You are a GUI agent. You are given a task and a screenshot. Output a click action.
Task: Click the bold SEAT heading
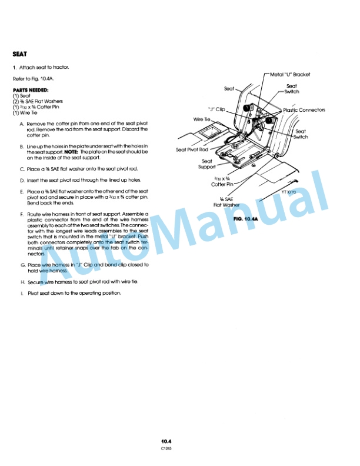19,53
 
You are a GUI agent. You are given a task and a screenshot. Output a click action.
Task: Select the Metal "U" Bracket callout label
289,75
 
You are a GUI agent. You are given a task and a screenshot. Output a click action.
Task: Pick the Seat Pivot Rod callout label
192,149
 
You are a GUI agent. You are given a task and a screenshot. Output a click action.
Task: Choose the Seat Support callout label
207,164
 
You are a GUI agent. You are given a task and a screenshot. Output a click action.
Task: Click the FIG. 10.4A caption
246,218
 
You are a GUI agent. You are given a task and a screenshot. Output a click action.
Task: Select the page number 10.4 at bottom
170,440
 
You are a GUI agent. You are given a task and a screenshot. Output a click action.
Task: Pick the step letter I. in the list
22,292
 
